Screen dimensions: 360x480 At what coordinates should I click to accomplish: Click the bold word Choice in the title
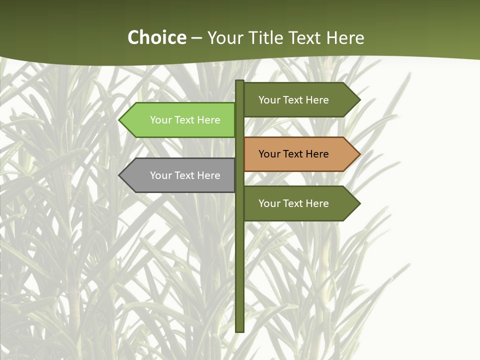coord(156,37)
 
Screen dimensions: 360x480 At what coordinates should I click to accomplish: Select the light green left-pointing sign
coord(177,120)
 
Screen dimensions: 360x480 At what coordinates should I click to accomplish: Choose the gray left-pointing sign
coord(177,175)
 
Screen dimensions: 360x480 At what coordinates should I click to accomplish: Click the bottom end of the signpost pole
coord(240,330)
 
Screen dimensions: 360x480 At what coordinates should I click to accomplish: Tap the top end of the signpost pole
coord(240,81)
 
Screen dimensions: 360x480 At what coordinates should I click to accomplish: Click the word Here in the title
coord(345,37)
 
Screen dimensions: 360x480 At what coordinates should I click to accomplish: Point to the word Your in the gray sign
coord(160,175)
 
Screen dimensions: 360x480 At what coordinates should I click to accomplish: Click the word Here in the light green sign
coord(208,120)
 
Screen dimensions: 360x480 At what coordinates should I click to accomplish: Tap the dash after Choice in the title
coord(197,38)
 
